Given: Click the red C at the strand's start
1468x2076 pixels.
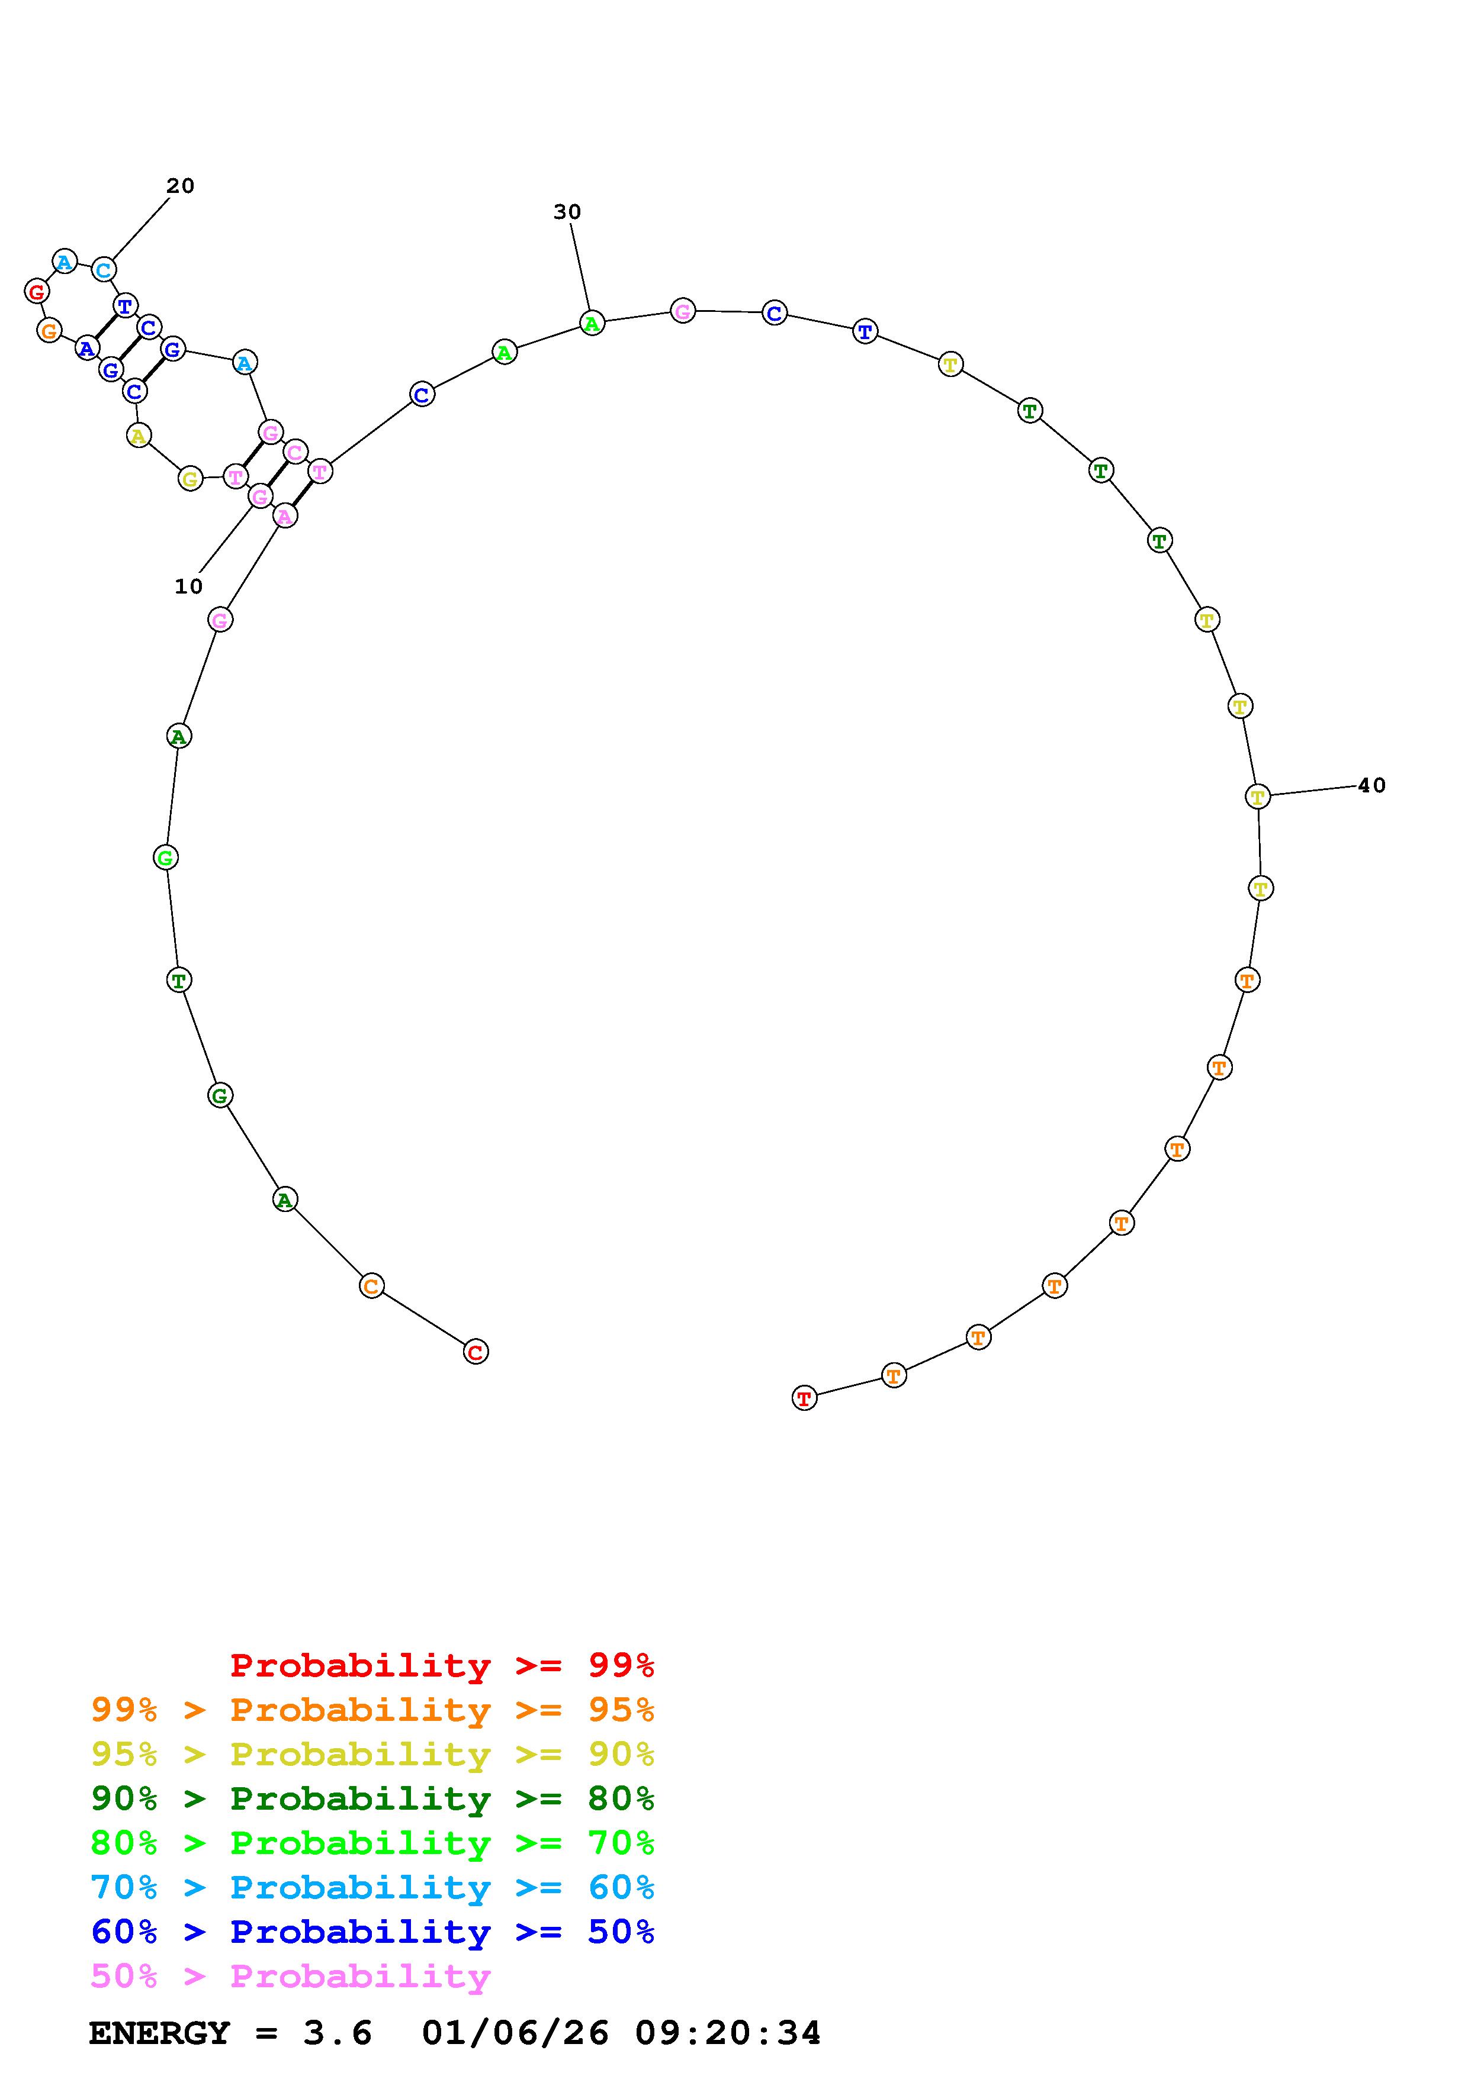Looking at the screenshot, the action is click(x=476, y=1352).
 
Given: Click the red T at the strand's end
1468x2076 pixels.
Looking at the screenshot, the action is click(x=804, y=1398).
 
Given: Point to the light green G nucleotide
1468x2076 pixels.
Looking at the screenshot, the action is click(x=165, y=857).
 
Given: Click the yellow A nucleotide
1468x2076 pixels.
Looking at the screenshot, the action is click(x=137, y=436).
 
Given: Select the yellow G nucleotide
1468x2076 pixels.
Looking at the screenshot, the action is click(x=190, y=478).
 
